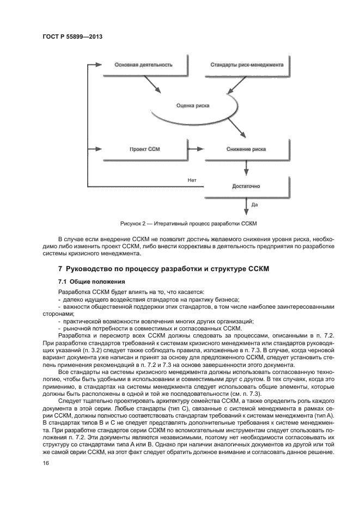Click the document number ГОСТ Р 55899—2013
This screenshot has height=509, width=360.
(72, 36)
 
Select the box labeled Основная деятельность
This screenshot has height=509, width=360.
(143, 65)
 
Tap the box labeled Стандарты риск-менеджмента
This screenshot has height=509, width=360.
(247, 65)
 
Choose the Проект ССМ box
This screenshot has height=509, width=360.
(144, 149)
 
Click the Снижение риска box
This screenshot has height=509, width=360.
(246, 149)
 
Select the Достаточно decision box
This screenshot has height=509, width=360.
(246, 186)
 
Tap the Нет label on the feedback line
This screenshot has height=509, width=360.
(191, 179)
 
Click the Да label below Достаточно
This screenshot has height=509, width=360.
(254, 205)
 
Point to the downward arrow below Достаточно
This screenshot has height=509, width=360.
(246, 208)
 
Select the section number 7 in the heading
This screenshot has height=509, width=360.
(60, 269)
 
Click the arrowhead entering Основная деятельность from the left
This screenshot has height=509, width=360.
(99, 65)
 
